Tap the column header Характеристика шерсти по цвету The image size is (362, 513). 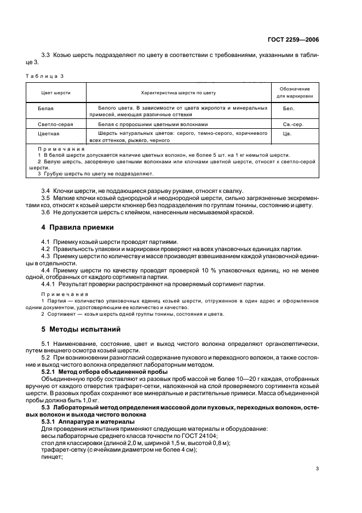pos(179,93)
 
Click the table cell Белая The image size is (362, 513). pos(46,109)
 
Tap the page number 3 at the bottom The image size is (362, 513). pos(317,469)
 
